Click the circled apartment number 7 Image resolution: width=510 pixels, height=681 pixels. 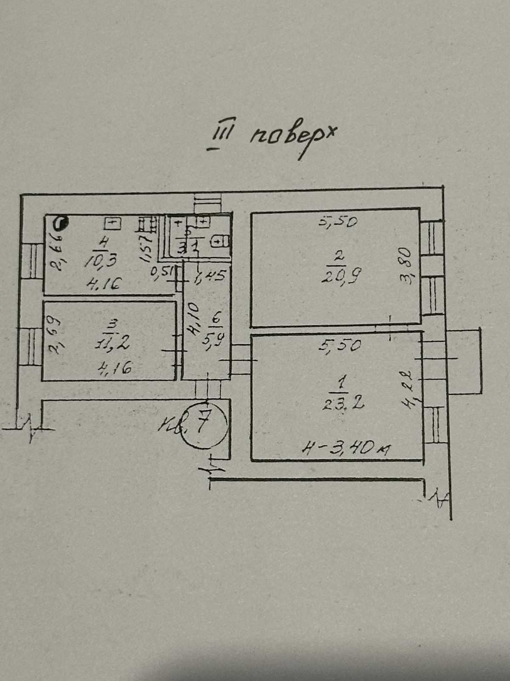pyautogui.click(x=203, y=423)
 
